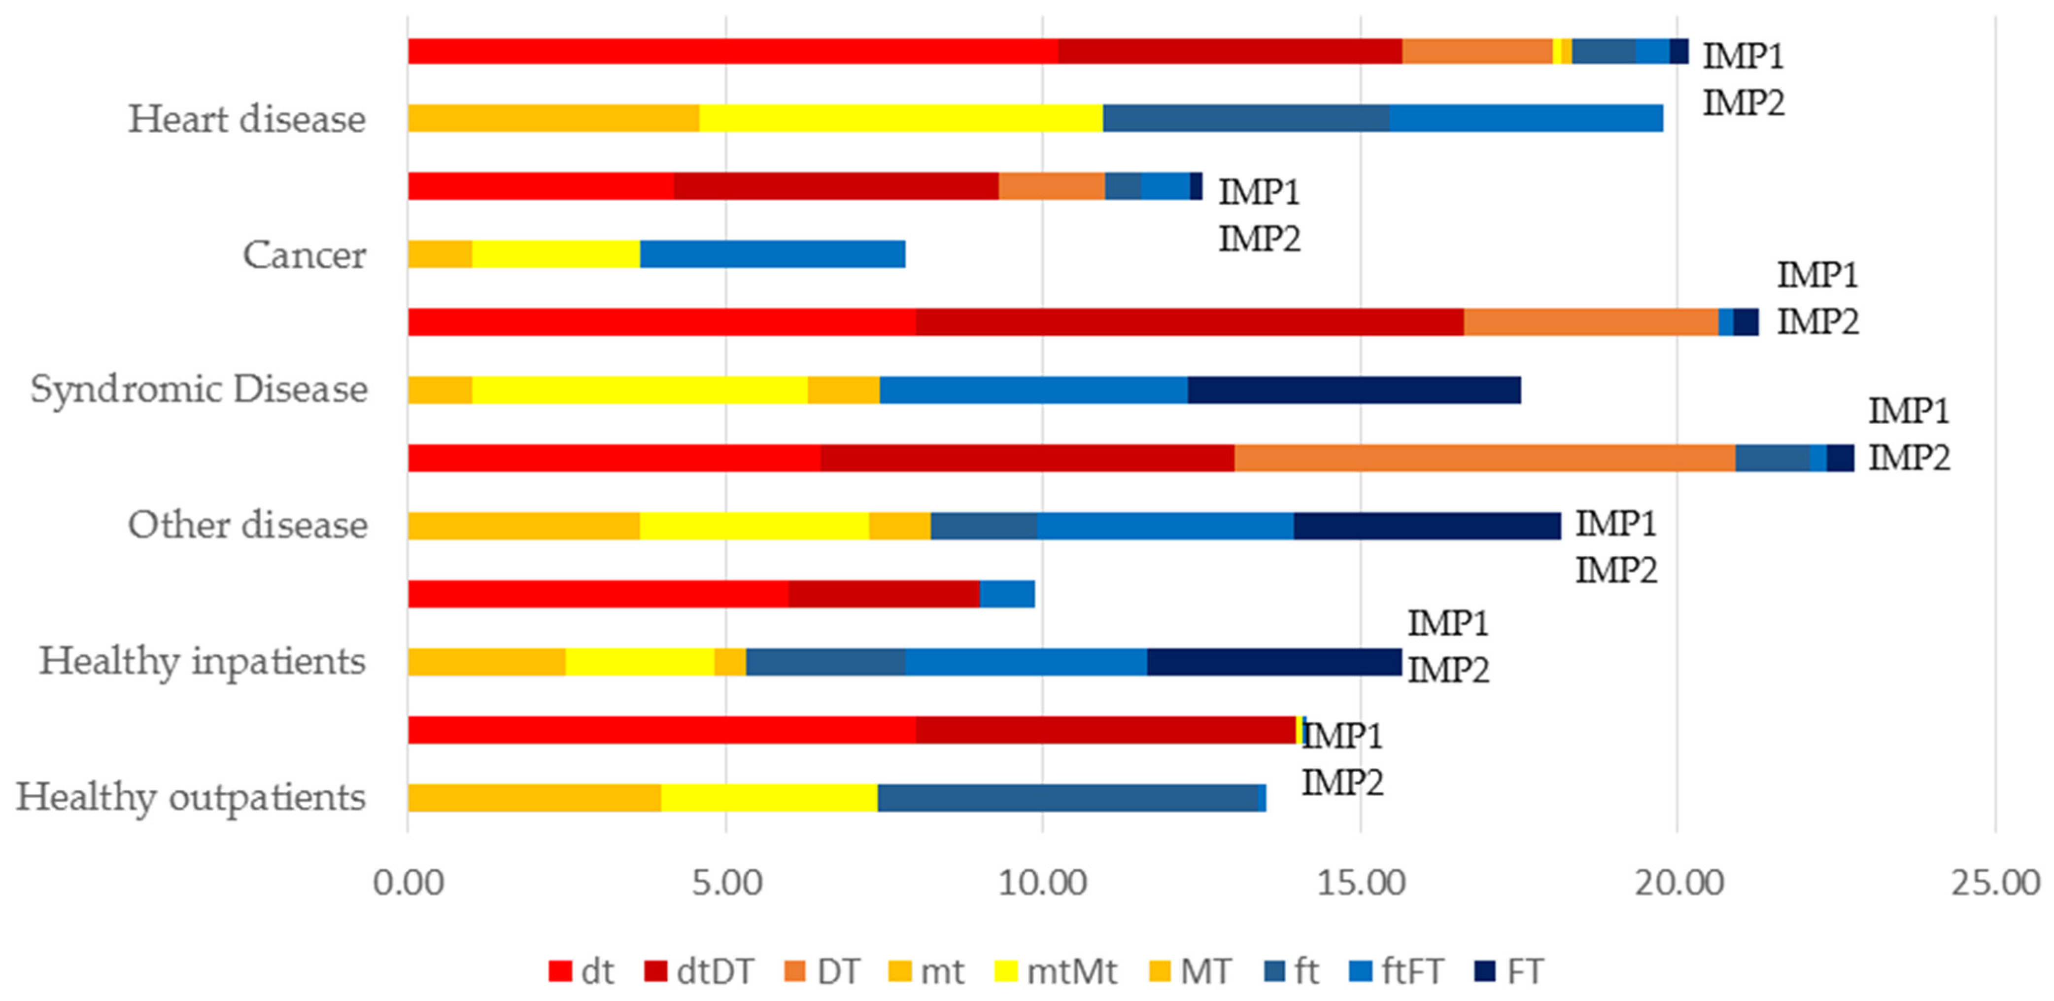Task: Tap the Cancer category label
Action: [305, 255]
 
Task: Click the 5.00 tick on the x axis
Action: [725, 883]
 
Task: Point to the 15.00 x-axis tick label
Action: [1360, 883]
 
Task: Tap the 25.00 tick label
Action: [1995, 883]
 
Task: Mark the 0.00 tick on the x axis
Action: [408, 883]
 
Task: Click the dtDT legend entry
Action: [699, 971]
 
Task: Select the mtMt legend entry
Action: [1056, 971]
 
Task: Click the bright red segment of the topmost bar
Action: [733, 51]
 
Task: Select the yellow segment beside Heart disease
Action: [901, 118]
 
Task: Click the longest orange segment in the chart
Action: [1485, 458]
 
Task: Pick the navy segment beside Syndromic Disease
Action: [1354, 390]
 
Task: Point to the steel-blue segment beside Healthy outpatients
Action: [1068, 798]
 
